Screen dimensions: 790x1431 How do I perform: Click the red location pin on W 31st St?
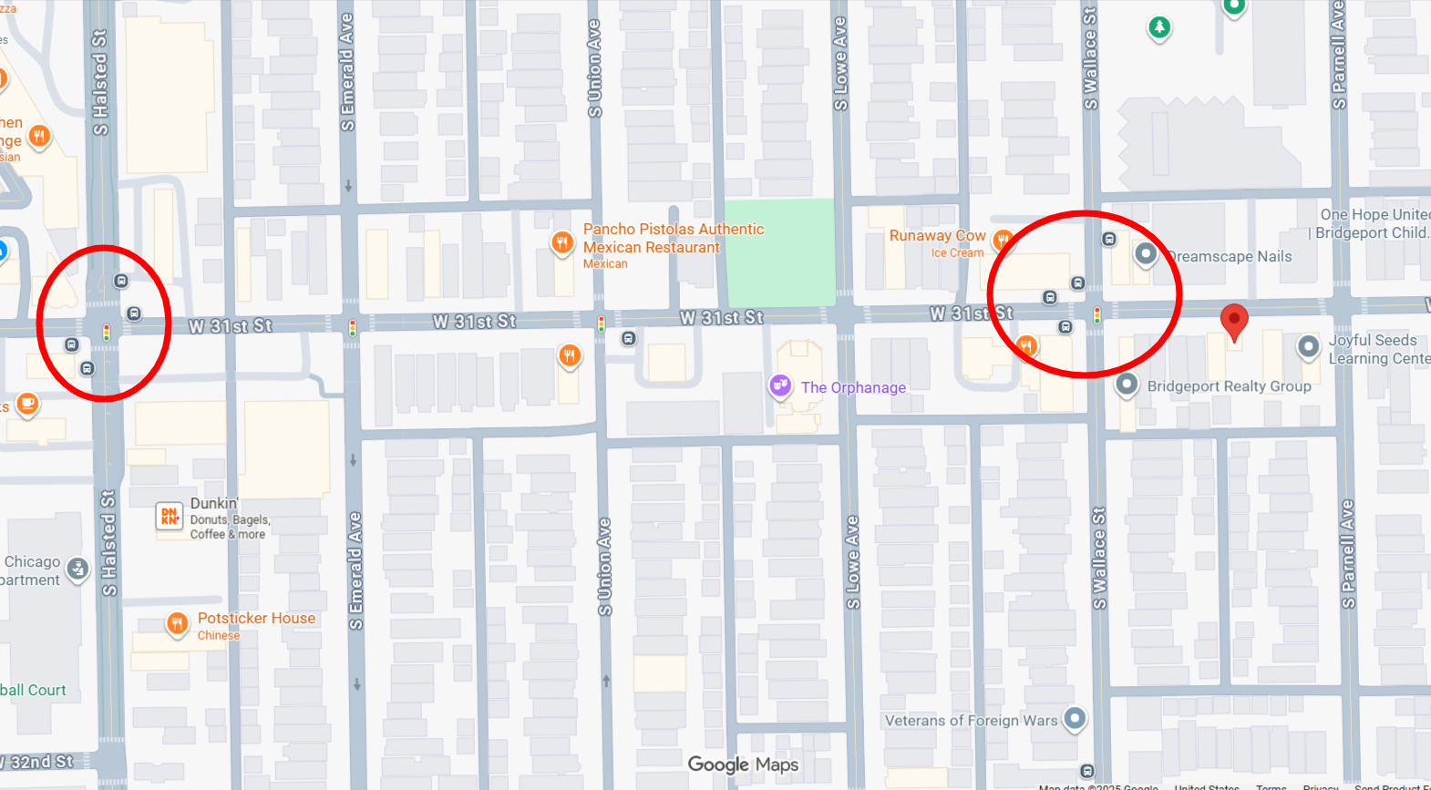pos(1233,321)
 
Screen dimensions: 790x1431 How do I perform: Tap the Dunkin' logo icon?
pos(170,517)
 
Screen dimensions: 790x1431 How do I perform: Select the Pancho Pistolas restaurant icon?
pos(561,242)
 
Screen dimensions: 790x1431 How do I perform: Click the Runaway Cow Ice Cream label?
pos(937,242)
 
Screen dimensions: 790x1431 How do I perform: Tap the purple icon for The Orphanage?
pos(780,386)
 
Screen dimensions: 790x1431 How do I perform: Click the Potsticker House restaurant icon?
pos(177,623)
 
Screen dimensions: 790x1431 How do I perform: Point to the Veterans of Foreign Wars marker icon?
pos(1075,718)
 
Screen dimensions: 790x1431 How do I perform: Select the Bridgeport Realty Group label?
pos(1229,386)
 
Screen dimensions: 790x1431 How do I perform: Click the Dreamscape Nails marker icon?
pos(1145,254)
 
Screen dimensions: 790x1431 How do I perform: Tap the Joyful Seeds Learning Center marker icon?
pos(1308,346)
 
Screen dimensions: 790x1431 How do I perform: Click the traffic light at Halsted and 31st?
pos(107,333)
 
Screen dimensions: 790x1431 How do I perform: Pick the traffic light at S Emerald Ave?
pos(353,327)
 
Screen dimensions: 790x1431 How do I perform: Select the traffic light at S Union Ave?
pos(601,323)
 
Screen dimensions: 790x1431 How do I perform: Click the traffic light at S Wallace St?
pos(1096,316)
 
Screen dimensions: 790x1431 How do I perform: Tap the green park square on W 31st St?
pos(779,251)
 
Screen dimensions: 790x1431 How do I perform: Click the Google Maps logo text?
pos(743,764)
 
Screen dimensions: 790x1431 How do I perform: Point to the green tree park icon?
pos(1158,27)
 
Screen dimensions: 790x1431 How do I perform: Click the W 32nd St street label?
pos(41,762)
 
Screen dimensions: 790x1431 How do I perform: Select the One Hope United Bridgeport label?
pos(1373,223)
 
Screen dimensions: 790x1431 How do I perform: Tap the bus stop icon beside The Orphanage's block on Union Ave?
pos(628,338)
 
